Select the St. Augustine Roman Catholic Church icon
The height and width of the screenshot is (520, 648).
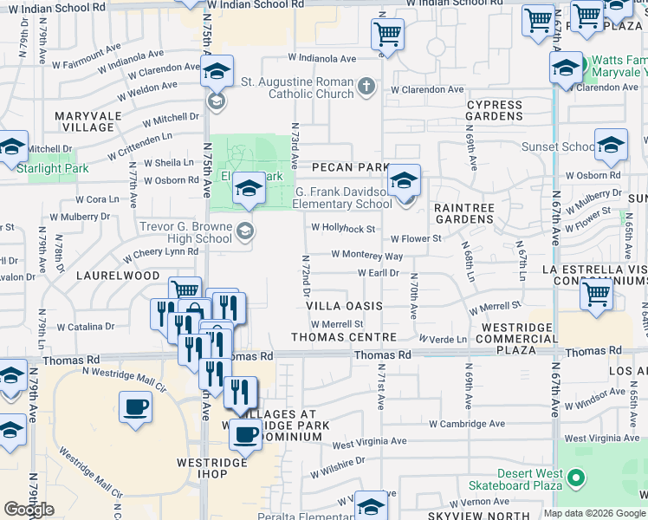click(x=367, y=87)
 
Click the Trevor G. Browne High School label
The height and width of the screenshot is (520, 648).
click(x=185, y=232)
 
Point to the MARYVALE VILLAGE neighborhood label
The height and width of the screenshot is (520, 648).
click(x=84, y=121)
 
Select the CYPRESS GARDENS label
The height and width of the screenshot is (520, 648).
click(x=494, y=110)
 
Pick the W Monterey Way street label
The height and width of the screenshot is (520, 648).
click(x=367, y=257)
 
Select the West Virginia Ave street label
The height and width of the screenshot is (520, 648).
click(x=368, y=442)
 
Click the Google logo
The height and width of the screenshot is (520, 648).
click(x=29, y=510)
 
